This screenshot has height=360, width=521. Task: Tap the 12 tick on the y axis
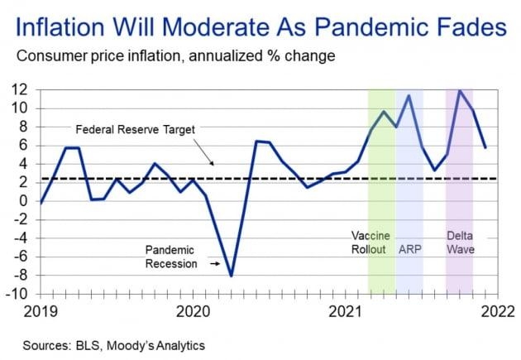pos(19,89)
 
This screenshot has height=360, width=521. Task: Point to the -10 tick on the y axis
pos(17,294)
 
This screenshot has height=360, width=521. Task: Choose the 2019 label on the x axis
pos(39,312)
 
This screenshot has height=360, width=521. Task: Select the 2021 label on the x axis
pos(347,312)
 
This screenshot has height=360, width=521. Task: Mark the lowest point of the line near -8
pos(231,276)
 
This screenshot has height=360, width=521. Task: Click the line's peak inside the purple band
pos(459,90)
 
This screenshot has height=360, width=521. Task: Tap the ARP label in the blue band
pos(409,249)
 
